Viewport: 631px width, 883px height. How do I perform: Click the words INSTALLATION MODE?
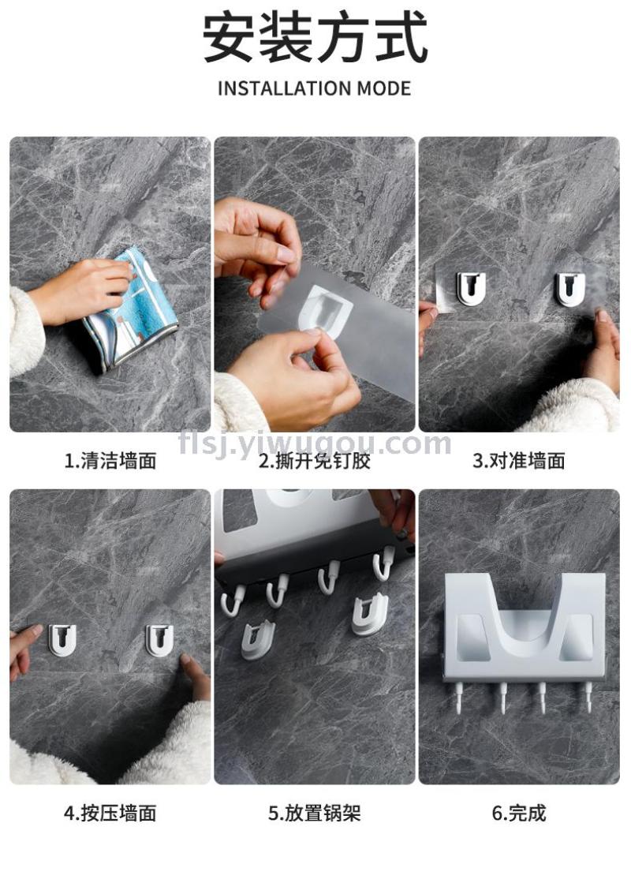314,88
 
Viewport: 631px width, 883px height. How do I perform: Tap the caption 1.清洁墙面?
110,461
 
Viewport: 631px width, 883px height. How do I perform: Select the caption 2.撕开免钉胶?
315,461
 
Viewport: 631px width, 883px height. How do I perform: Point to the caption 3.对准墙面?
518,461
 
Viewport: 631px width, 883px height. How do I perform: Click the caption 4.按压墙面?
110,814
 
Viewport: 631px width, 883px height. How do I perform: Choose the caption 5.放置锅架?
314,814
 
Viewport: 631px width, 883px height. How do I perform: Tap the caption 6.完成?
518,814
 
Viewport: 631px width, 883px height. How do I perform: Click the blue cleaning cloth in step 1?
132,309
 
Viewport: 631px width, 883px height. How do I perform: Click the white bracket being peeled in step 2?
325,308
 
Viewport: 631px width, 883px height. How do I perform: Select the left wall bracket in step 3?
471,288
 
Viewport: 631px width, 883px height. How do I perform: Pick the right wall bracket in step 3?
569,288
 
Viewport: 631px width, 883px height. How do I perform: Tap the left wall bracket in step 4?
62,640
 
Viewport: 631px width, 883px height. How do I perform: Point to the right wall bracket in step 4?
160,640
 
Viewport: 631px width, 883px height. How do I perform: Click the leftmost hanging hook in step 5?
232,600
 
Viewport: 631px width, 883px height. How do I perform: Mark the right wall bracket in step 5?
370,615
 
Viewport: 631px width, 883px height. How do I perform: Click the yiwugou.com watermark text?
315,444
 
